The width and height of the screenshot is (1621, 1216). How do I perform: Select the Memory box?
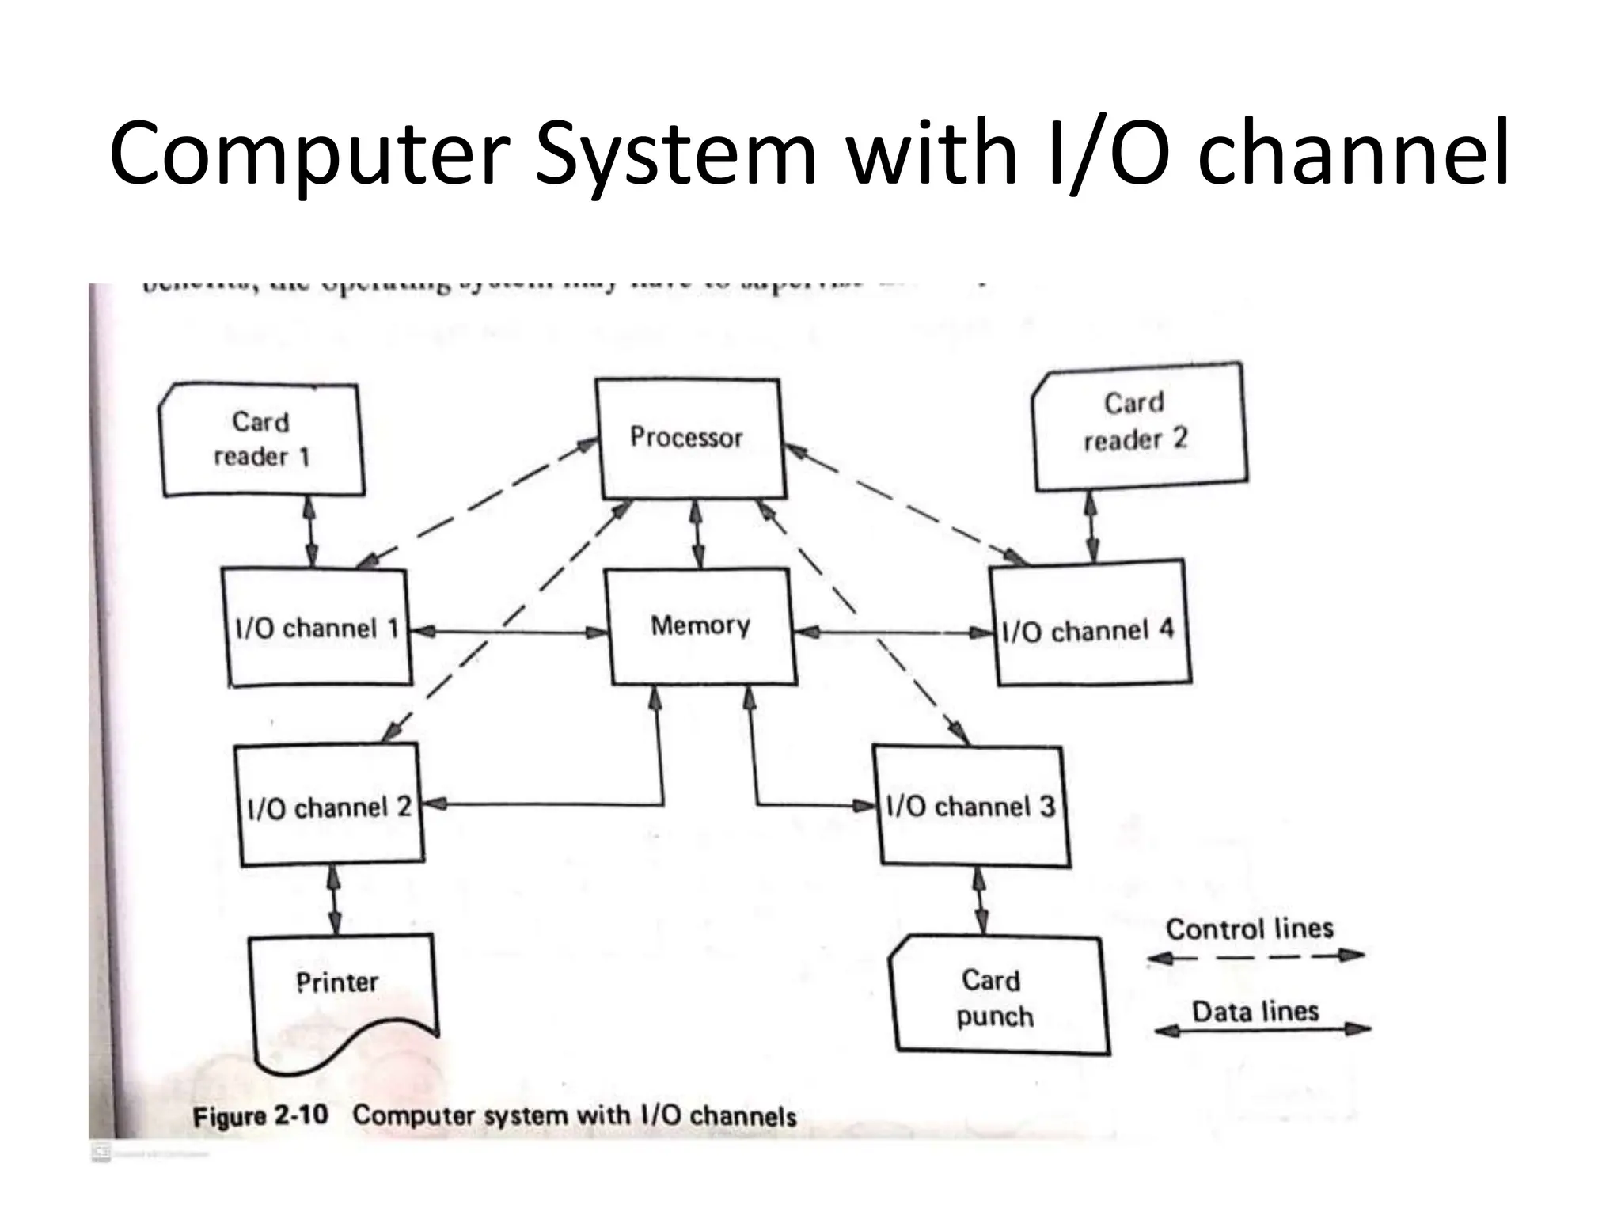tap(700, 625)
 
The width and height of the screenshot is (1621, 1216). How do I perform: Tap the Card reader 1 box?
tap(262, 440)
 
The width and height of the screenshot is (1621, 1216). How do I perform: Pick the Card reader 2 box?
tap(1138, 424)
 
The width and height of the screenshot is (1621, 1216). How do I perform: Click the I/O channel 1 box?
tap(317, 628)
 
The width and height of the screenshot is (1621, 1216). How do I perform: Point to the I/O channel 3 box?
tap(970, 806)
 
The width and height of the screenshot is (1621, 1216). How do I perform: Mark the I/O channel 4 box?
tap(1088, 629)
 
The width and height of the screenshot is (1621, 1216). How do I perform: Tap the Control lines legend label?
tap(1249, 929)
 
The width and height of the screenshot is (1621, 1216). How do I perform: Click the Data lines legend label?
tap(1255, 1011)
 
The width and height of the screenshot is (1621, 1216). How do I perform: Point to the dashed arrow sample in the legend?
tap(1255, 956)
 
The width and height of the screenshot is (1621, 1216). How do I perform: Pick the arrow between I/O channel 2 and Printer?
tap(334, 899)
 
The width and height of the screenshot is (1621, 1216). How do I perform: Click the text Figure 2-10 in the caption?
tap(260, 1116)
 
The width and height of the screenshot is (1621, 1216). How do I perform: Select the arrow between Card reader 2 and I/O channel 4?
tap(1091, 526)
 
